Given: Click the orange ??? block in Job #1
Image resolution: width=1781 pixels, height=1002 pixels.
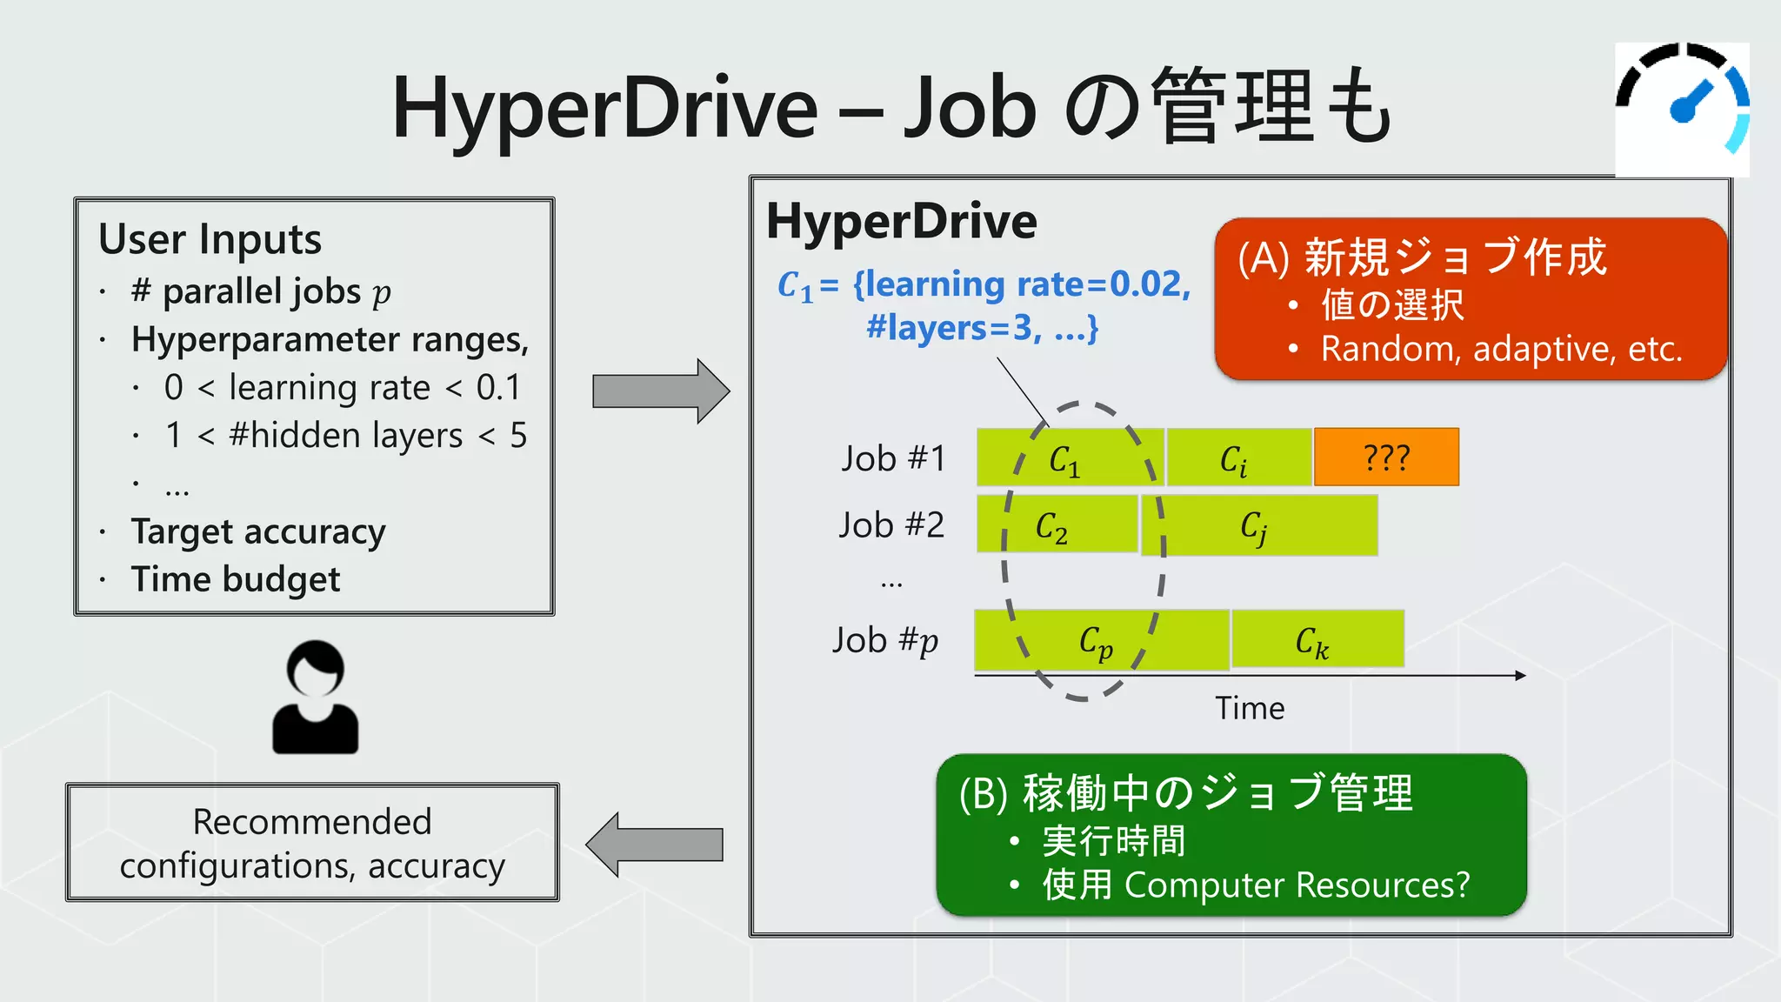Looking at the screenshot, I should click(x=1386, y=457).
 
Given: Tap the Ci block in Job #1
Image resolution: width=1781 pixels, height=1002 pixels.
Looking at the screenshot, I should click(x=1238, y=458).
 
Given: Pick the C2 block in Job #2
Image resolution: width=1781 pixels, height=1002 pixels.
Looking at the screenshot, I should click(x=1057, y=524).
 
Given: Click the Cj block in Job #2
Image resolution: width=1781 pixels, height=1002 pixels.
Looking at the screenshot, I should click(x=1259, y=525).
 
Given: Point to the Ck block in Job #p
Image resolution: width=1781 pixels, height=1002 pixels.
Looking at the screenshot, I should click(x=1317, y=639).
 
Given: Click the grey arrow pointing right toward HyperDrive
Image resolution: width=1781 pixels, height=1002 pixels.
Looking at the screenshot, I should click(x=660, y=391).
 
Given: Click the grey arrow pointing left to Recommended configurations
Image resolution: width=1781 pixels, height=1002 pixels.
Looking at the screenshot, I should click(x=655, y=845).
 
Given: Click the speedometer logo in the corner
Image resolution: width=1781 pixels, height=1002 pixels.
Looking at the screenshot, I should click(x=1682, y=109).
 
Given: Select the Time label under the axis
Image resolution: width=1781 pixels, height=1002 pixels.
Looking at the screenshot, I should click(x=1249, y=708).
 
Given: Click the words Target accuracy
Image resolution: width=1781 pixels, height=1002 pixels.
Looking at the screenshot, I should click(x=258, y=531).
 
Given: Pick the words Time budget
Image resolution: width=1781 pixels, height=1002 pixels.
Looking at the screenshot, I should click(x=236, y=579).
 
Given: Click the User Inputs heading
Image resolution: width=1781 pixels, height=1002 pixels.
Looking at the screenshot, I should click(x=210, y=239).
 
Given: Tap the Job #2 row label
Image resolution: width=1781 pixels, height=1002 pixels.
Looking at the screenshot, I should click(x=891, y=525).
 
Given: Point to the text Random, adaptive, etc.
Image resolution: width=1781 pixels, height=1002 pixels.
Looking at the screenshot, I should click(x=1501, y=349).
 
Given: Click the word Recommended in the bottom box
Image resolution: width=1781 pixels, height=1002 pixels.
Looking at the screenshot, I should click(x=312, y=822).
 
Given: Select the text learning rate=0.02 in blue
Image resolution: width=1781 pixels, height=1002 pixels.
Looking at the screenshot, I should click(x=1023, y=284).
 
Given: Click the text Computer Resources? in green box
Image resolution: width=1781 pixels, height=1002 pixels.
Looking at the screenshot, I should click(x=1296, y=885).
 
